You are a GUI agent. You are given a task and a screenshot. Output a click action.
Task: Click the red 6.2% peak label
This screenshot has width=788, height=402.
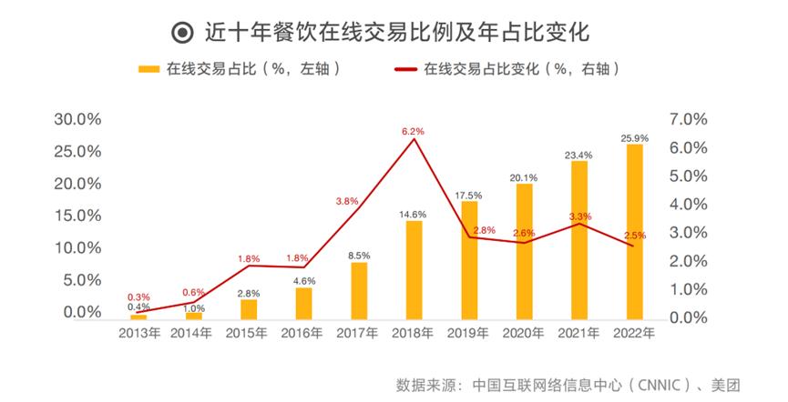(x=413, y=132)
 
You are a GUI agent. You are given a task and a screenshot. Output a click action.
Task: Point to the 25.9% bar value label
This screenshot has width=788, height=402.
(x=634, y=138)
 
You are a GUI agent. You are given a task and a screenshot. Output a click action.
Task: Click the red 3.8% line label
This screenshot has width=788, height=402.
(x=347, y=201)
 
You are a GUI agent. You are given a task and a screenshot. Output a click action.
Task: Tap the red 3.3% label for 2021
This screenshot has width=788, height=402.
(x=580, y=216)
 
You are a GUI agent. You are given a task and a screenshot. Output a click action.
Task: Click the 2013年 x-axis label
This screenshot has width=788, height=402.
(x=138, y=334)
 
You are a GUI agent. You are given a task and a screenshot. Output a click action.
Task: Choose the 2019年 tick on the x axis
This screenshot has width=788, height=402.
(x=468, y=334)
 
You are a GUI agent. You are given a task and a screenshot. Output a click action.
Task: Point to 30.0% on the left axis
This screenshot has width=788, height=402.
(x=78, y=119)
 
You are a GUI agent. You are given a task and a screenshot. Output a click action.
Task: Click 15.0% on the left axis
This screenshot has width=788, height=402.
(x=78, y=216)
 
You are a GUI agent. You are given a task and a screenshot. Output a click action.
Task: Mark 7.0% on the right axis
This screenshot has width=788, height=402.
(x=688, y=119)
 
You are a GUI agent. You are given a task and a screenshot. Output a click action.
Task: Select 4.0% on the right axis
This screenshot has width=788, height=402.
(x=688, y=205)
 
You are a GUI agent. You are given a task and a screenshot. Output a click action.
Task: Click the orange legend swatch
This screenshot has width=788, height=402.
(x=149, y=68)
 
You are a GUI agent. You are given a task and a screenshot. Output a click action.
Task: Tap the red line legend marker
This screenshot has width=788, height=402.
(x=404, y=68)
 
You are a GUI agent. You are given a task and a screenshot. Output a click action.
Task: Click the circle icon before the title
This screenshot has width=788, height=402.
(x=182, y=33)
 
